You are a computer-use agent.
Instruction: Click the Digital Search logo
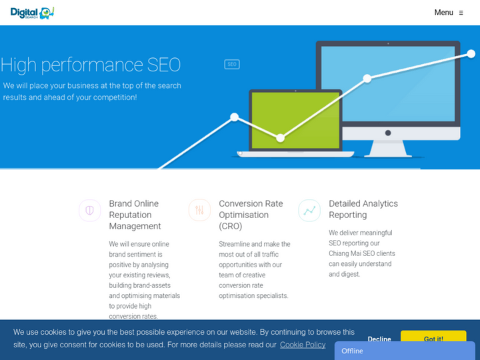(32, 13)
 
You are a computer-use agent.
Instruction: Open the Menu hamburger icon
(461, 13)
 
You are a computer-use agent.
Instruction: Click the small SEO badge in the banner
(232, 64)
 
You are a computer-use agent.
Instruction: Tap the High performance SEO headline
(91, 65)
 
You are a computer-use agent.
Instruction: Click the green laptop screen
(295, 120)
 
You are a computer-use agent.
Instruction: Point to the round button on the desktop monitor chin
(388, 133)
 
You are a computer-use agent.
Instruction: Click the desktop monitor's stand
(388, 149)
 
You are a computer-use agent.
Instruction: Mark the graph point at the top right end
(471, 54)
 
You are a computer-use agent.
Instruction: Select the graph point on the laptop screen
(280, 138)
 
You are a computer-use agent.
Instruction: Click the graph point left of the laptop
(234, 117)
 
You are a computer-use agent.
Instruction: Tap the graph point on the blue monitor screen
(367, 79)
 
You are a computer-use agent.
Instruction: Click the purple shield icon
(90, 211)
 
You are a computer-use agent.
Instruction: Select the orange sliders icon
(199, 210)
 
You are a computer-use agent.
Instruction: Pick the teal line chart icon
(309, 210)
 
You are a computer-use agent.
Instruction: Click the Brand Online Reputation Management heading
(135, 215)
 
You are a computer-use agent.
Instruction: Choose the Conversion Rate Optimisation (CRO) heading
(251, 215)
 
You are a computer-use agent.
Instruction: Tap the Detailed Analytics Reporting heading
(363, 209)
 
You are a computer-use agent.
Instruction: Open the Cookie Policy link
(303, 345)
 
